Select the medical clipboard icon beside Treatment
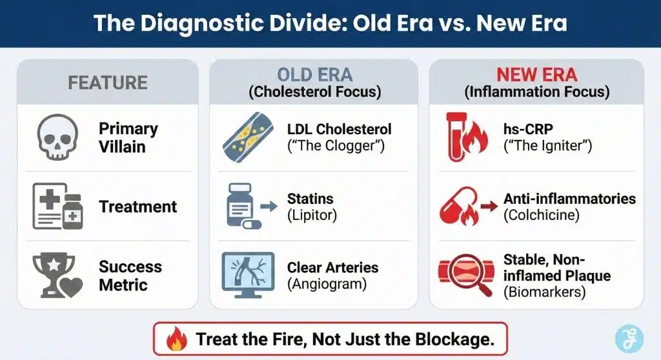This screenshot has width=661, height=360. tap(56, 206)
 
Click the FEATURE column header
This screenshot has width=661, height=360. tap(107, 83)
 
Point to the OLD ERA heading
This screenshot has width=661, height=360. tap(314, 74)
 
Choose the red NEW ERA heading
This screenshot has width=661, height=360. tap(536, 74)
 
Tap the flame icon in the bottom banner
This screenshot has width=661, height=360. tap(176, 339)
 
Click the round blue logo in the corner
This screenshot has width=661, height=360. tap(628, 339)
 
